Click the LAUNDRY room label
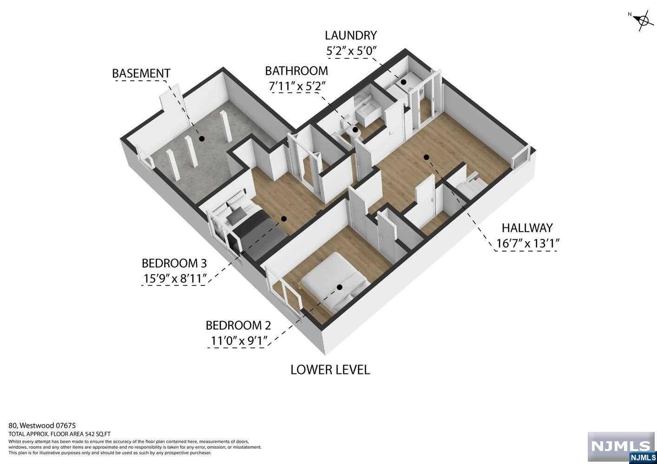[350, 35]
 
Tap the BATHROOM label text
[296, 71]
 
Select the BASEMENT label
[141, 73]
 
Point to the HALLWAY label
[527, 228]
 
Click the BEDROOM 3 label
[174, 263]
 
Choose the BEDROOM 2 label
[238, 325]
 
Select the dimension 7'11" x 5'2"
[296, 86]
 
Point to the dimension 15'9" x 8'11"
[174, 278]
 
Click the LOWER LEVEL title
[330, 370]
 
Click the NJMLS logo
[620, 447]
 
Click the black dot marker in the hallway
[426, 157]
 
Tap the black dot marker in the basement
[202, 138]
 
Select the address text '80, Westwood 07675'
[42, 425]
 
